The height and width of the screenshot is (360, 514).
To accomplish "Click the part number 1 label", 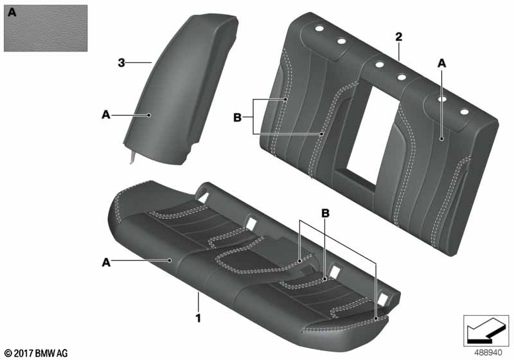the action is [x=198, y=318].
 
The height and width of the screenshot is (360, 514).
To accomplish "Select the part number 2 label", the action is [x=398, y=37].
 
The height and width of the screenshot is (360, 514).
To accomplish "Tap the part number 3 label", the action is [x=121, y=62].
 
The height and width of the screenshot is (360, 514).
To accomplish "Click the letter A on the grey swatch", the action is [x=12, y=12].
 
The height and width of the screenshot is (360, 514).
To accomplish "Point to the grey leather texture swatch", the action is [x=46, y=28].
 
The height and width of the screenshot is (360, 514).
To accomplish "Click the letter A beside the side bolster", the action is [x=106, y=115].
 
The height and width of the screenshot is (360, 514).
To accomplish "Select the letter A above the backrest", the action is [x=442, y=63].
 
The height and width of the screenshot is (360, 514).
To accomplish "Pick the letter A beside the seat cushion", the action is [x=106, y=262].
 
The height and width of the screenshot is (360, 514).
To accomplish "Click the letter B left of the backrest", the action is [x=237, y=117].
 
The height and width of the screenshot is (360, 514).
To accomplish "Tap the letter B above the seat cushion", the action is [x=325, y=213].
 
